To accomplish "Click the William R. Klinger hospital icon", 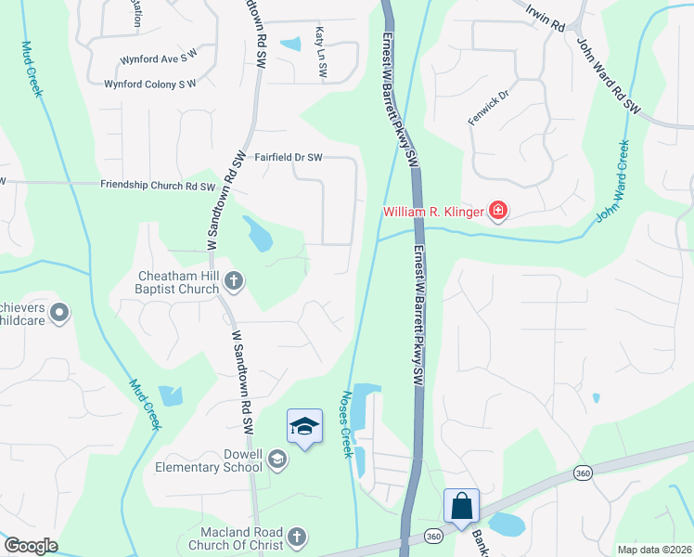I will click(x=498, y=213).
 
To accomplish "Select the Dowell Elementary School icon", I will click(x=276, y=459).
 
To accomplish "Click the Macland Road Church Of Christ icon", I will click(x=296, y=537).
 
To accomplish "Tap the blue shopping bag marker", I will click(x=461, y=507).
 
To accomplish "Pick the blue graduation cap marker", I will click(x=304, y=427).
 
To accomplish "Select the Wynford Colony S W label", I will click(x=150, y=84).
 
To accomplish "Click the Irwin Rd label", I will click(x=545, y=19).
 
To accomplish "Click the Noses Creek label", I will click(x=348, y=423).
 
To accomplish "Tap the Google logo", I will click(x=32, y=546).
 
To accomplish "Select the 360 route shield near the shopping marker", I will click(x=433, y=537).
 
